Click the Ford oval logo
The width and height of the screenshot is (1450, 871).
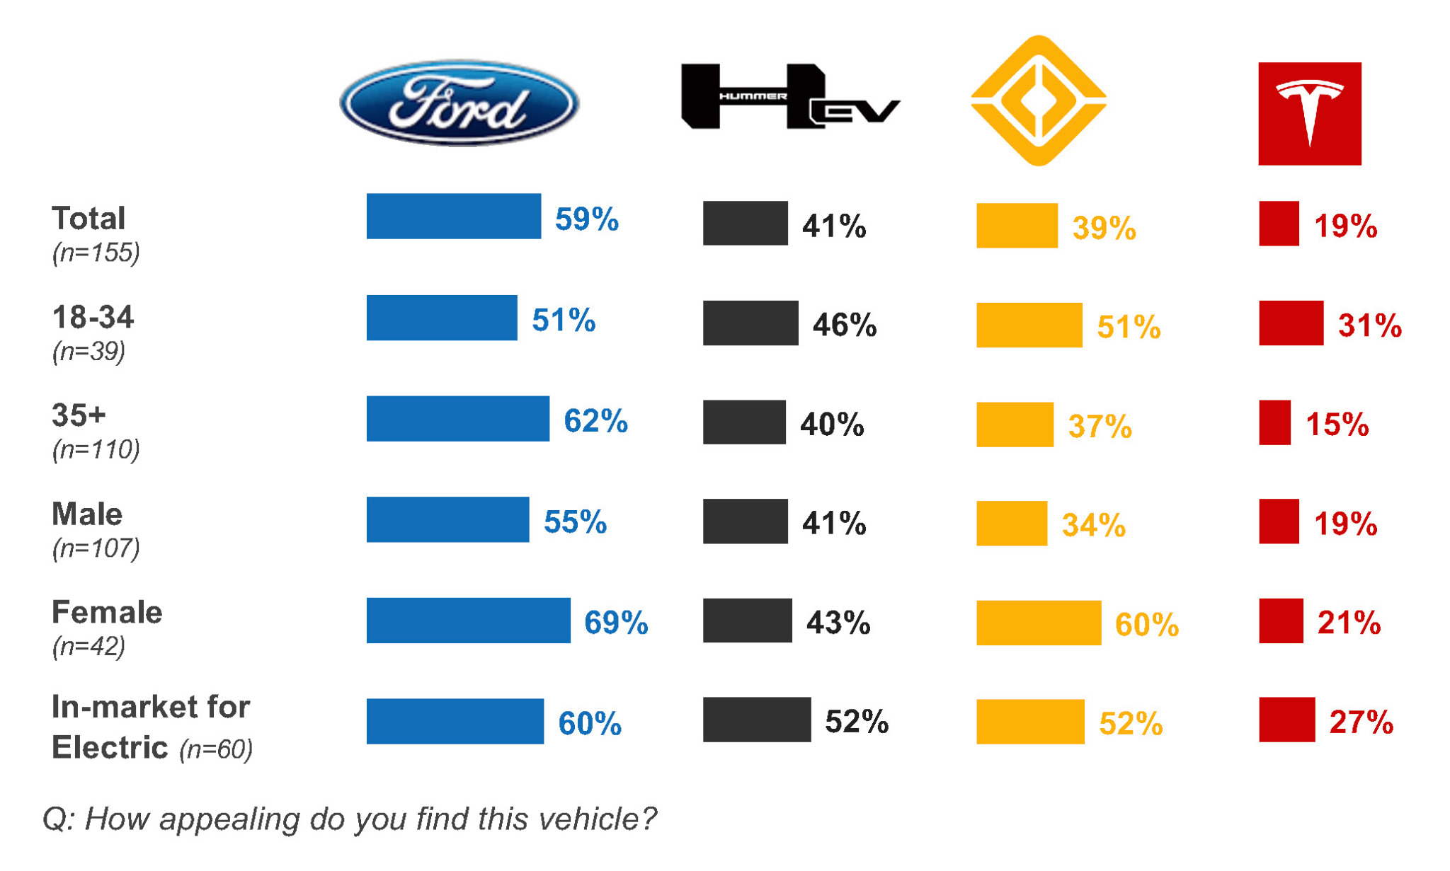tap(459, 103)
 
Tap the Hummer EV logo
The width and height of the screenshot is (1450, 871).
tap(789, 97)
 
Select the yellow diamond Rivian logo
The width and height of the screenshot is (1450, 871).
tap(1038, 100)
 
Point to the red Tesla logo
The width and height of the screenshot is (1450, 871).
tap(1309, 113)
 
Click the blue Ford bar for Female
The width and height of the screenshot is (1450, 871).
tap(468, 621)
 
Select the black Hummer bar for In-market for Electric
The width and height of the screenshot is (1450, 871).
tap(756, 720)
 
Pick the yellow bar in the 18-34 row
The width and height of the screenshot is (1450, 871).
tap(1029, 325)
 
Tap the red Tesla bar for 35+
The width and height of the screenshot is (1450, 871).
tap(1274, 422)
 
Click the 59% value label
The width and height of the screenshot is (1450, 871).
tap(586, 219)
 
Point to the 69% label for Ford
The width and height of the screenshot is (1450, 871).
tap(615, 623)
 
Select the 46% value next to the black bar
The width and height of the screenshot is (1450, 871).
tap(844, 325)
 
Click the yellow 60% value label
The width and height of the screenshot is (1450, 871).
tap(1146, 625)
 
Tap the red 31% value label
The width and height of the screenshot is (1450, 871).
tap(1369, 325)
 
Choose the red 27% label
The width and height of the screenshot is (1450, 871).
tap(1361, 722)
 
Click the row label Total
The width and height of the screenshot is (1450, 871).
tap(89, 218)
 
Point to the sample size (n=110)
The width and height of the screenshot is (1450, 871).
tap(96, 449)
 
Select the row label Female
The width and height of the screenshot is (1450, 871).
tap(107, 612)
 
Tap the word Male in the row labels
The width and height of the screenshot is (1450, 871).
tap(87, 514)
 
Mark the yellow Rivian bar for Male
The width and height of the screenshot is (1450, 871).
tap(1011, 524)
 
